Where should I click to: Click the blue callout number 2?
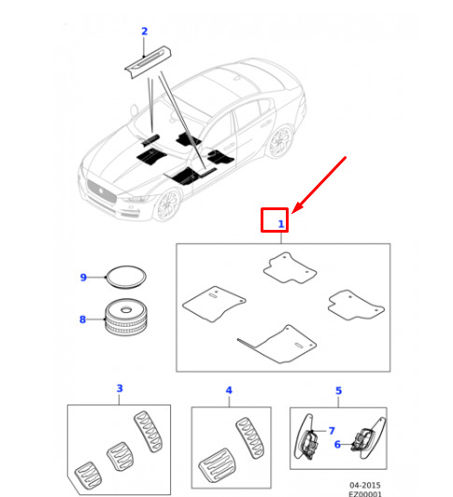(x=144, y=32)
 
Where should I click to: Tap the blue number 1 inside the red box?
(x=281, y=224)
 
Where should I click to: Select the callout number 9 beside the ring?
(x=83, y=277)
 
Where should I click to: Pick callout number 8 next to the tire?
(x=83, y=319)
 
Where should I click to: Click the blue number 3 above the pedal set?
(x=120, y=389)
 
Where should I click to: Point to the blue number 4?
(x=229, y=390)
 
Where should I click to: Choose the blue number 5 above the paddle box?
(x=338, y=390)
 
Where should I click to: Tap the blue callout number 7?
(x=332, y=431)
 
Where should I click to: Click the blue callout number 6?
(x=337, y=445)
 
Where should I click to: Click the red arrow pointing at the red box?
(x=319, y=185)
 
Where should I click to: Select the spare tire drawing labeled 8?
(x=126, y=317)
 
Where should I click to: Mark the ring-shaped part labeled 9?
(x=126, y=277)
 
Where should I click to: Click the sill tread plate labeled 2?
(x=148, y=62)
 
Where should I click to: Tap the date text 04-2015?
(x=365, y=485)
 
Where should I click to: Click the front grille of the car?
(x=102, y=192)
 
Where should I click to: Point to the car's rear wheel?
(x=280, y=142)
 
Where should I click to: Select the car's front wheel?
(x=168, y=204)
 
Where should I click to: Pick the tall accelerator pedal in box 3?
(x=148, y=432)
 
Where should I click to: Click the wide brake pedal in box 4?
(x=218, y=467)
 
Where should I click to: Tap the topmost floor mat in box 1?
(x=290, y=268)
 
